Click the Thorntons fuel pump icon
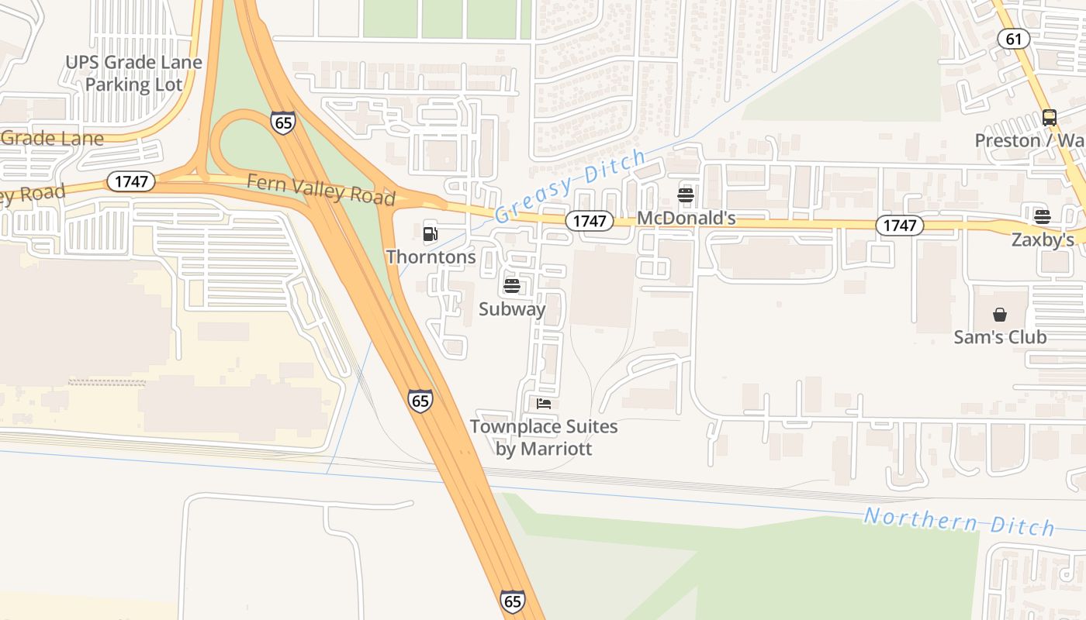coord(430,233)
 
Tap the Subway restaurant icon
coord(511,287)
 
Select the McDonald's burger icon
coord(685,195)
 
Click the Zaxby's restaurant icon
coord(1042,216)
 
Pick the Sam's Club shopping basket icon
coord(1000,315)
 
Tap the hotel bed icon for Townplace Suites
coord(544,404)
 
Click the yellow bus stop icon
coord(1049,118)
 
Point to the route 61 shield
coord(1014,39)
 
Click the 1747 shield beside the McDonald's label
coord(590,221)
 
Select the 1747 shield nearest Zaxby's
coord(900,226)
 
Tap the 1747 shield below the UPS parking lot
coord(130,182)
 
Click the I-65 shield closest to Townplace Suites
coord(420,401)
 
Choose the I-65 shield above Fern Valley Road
coord(283,122)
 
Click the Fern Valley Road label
coord(320,189)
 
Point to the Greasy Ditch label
coord(570,185)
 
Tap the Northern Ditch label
coord(959,521)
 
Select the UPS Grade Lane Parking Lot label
coord(133,73)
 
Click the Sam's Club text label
coord(1000,337)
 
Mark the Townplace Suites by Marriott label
coord(544,437)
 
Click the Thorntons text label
coord(431,257)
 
